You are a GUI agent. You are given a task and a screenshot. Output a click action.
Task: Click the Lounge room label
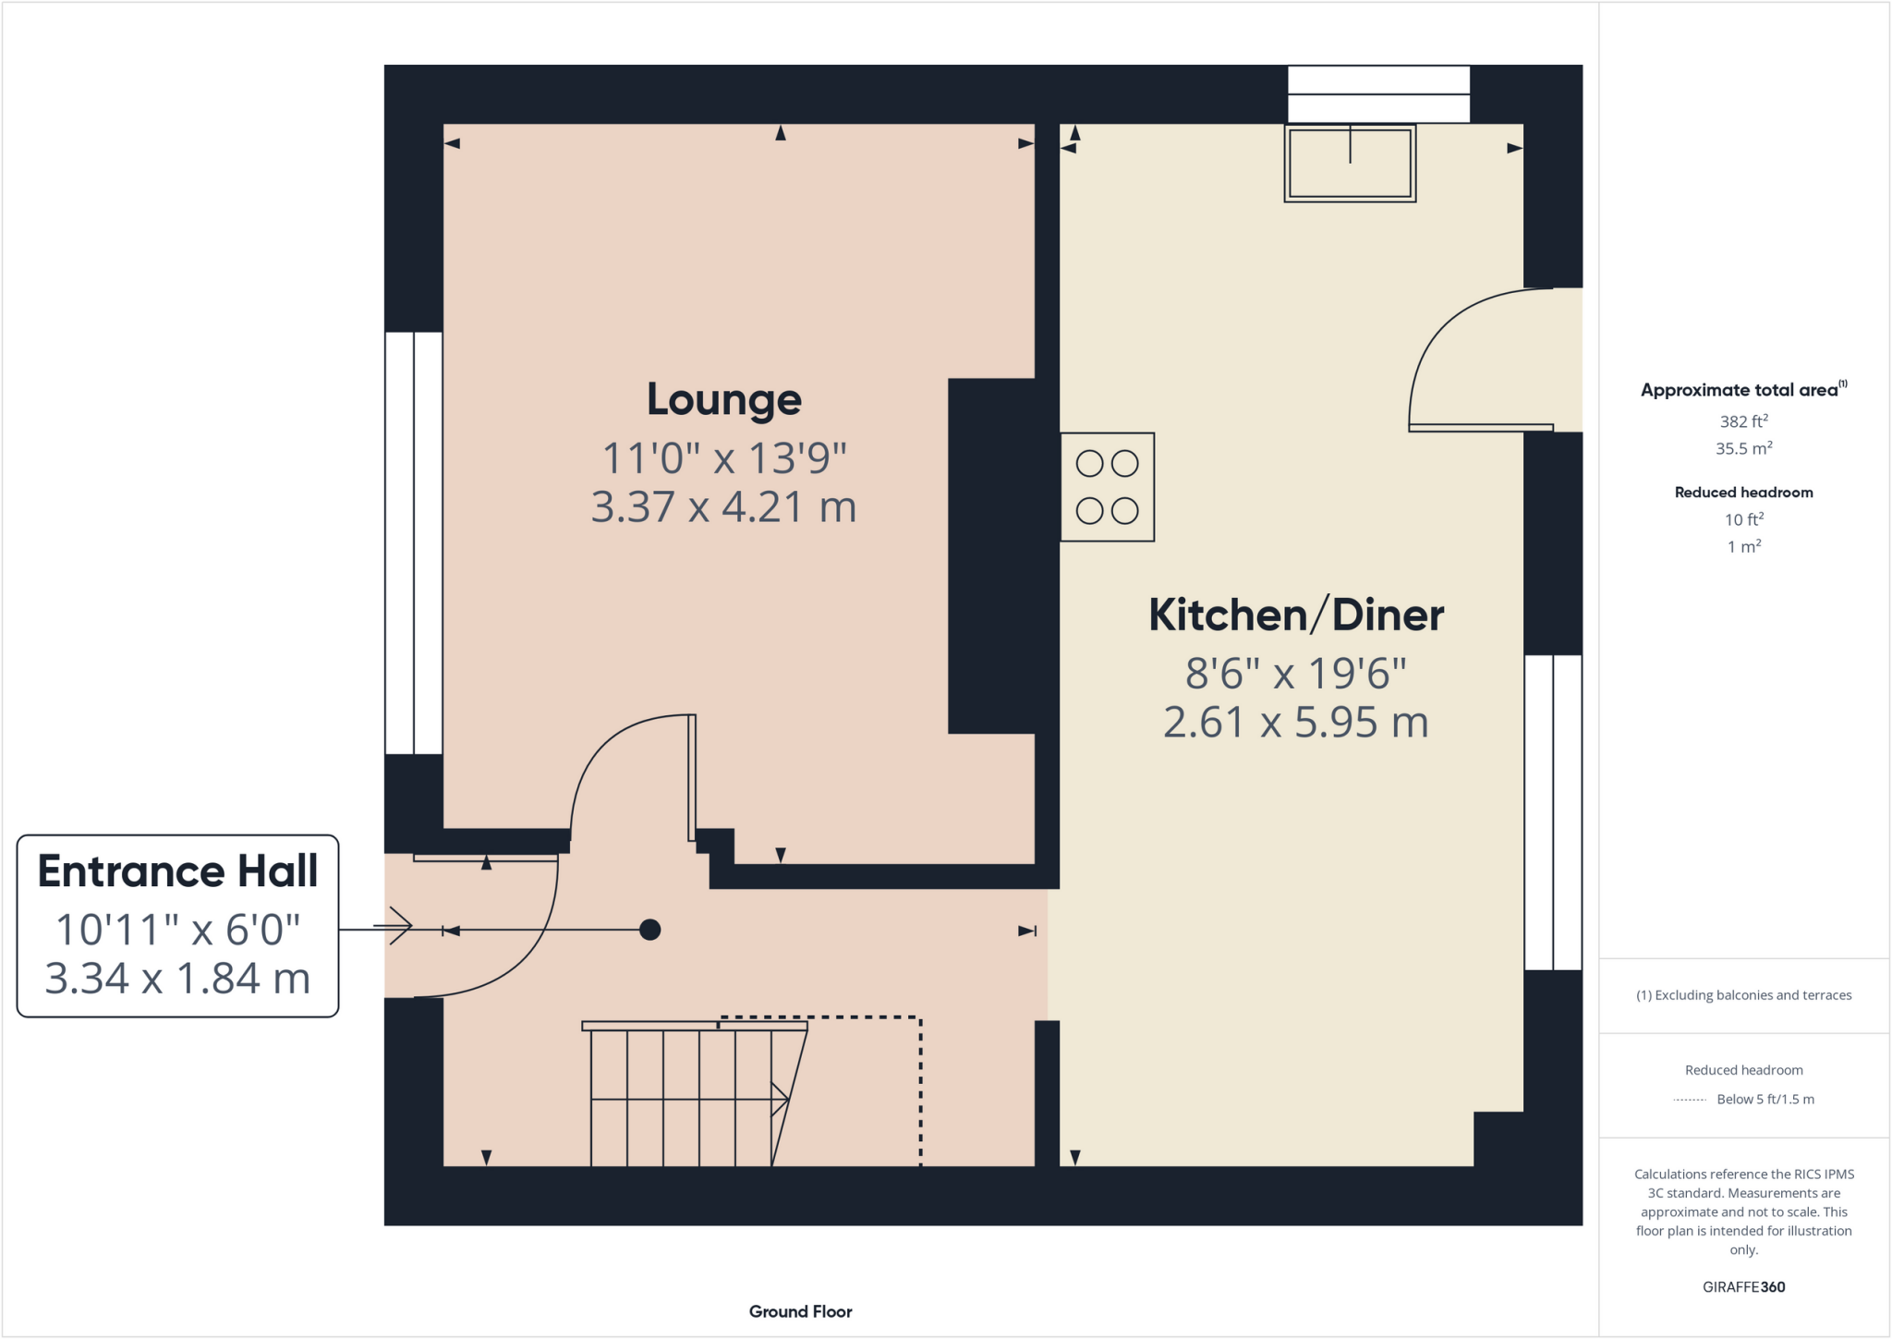[723, 400]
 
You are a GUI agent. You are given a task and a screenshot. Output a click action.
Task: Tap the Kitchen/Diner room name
[1295, 615]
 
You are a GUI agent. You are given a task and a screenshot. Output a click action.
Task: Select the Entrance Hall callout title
[177, 871]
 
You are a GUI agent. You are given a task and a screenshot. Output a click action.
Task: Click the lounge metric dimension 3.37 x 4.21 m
[723, 507]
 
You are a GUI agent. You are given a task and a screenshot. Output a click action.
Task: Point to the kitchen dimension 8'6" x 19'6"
[1295, 674]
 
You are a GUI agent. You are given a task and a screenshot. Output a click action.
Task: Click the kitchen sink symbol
[1350, 164]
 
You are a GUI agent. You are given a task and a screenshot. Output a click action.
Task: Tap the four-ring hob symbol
[1107, 487]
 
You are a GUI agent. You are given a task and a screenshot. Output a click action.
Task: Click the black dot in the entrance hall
[649, 930]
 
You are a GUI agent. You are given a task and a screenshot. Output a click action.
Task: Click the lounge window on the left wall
[414, 542]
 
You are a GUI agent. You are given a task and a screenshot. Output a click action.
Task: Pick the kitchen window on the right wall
[1553, 812]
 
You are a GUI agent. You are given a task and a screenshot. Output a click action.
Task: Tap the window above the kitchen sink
[1378, 94]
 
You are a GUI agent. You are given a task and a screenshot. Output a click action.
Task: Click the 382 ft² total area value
[1743, 421]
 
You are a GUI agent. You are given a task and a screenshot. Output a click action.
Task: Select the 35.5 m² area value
[1743, 449]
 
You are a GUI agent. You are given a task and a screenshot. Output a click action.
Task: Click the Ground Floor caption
[800, 1311]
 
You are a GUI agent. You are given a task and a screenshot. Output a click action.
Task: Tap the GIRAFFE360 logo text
[1743, 1287]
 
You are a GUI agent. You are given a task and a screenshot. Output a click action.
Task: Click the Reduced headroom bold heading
[1743, 493]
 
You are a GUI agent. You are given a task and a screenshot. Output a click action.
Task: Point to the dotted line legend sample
[1690, 1100]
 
